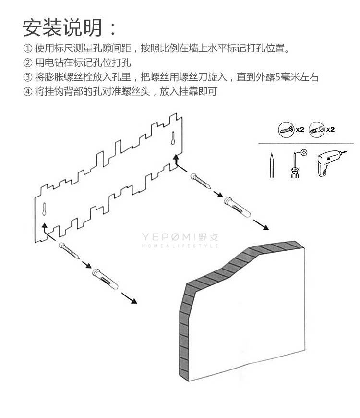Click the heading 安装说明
[x=62, y=27]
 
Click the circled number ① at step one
[x=28, y=49]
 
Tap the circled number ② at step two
[x=28, y=63]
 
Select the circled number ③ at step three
[x=28, y=77]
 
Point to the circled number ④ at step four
[x=28, y=91]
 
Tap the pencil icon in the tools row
[x=272, y=165]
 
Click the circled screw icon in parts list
[x=286, y=129]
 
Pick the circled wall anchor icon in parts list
[x=317, y=129]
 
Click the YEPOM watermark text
[x=168, y=236]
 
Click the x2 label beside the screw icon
[x=300, y=129]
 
